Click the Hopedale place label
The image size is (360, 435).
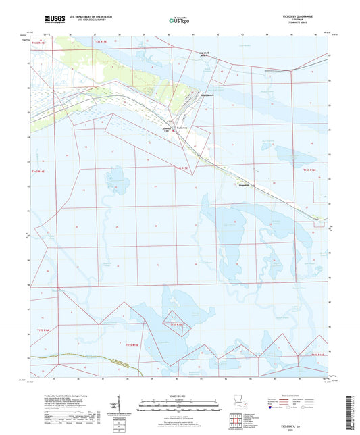tap(241, 183)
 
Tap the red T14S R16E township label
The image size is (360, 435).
tap(310, 170)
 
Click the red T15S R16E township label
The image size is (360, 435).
tap(317, 353)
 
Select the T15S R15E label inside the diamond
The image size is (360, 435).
tap(177, 324)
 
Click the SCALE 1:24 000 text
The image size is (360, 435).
tap(179, 396)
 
